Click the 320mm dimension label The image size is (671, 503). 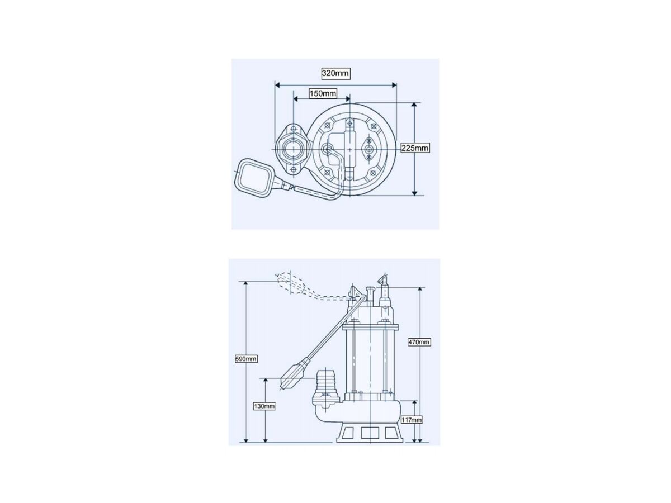(335, 73)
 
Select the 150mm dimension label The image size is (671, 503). (323, 93)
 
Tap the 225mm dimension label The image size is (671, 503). (415, 148)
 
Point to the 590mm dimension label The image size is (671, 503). (246, 359)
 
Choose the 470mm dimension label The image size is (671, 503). (419, 342)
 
